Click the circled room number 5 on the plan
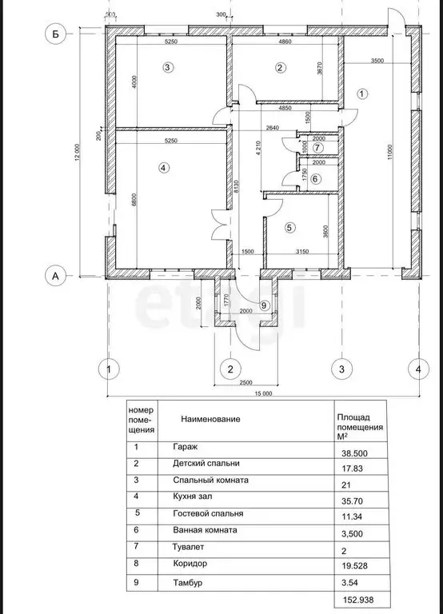[x=289, y=227]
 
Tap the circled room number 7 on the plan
[x=317, y=148]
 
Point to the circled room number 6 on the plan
[x=315, y=178]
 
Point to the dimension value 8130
[x=237, y=189]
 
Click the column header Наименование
[x=210, y=418]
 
